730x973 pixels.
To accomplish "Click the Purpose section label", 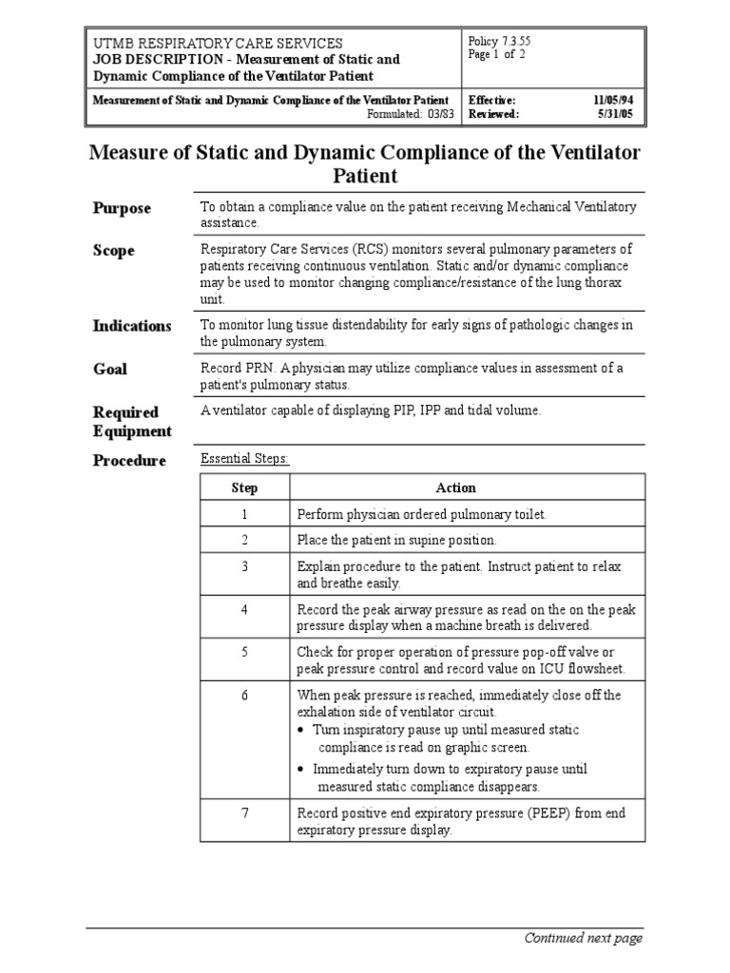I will [x=121, y=208].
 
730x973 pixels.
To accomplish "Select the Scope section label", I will [x=113, y=251].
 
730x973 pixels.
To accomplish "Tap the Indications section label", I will [x=132, y=326].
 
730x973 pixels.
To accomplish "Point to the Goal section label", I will [x=109, y=369].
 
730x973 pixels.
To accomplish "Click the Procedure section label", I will [x=129, y=461].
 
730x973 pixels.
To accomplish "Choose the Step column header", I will [x=244, y=487].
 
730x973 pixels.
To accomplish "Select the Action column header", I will [x=455, y=487].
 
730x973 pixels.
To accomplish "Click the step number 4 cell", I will [x=244, y=609].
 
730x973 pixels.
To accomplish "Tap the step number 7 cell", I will [x=244, y=814].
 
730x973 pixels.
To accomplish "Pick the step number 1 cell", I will [x=244, y=514].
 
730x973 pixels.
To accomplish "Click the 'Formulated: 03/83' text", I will [x=411, y=114].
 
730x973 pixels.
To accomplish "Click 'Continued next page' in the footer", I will [x=584, y=938].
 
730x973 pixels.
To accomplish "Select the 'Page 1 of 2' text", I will [x=497, y=54].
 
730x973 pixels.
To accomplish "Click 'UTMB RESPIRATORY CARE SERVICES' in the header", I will [x=218, y=44].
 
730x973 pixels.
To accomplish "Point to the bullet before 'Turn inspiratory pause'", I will [x=301, y=730].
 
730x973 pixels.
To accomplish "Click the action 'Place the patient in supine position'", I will [x=396, y=540].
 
